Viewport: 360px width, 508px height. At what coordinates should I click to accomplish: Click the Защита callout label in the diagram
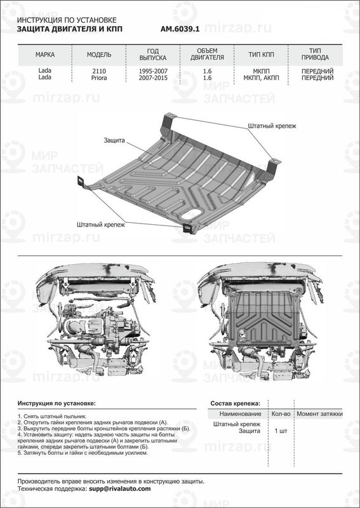(x=116, y=138)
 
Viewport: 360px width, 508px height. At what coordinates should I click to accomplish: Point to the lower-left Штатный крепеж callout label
(x=100, y=224)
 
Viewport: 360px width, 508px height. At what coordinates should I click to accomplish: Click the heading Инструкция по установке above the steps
(x=57, y=403)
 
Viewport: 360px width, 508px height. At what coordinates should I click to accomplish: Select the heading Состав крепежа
(x=235, y=403)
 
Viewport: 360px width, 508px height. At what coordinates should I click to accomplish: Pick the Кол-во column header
(x=281, y=413)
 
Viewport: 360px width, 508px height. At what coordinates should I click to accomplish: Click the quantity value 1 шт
(x=281, y=431)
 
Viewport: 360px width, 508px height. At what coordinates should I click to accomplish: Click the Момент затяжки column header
(x=319, y=413)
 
